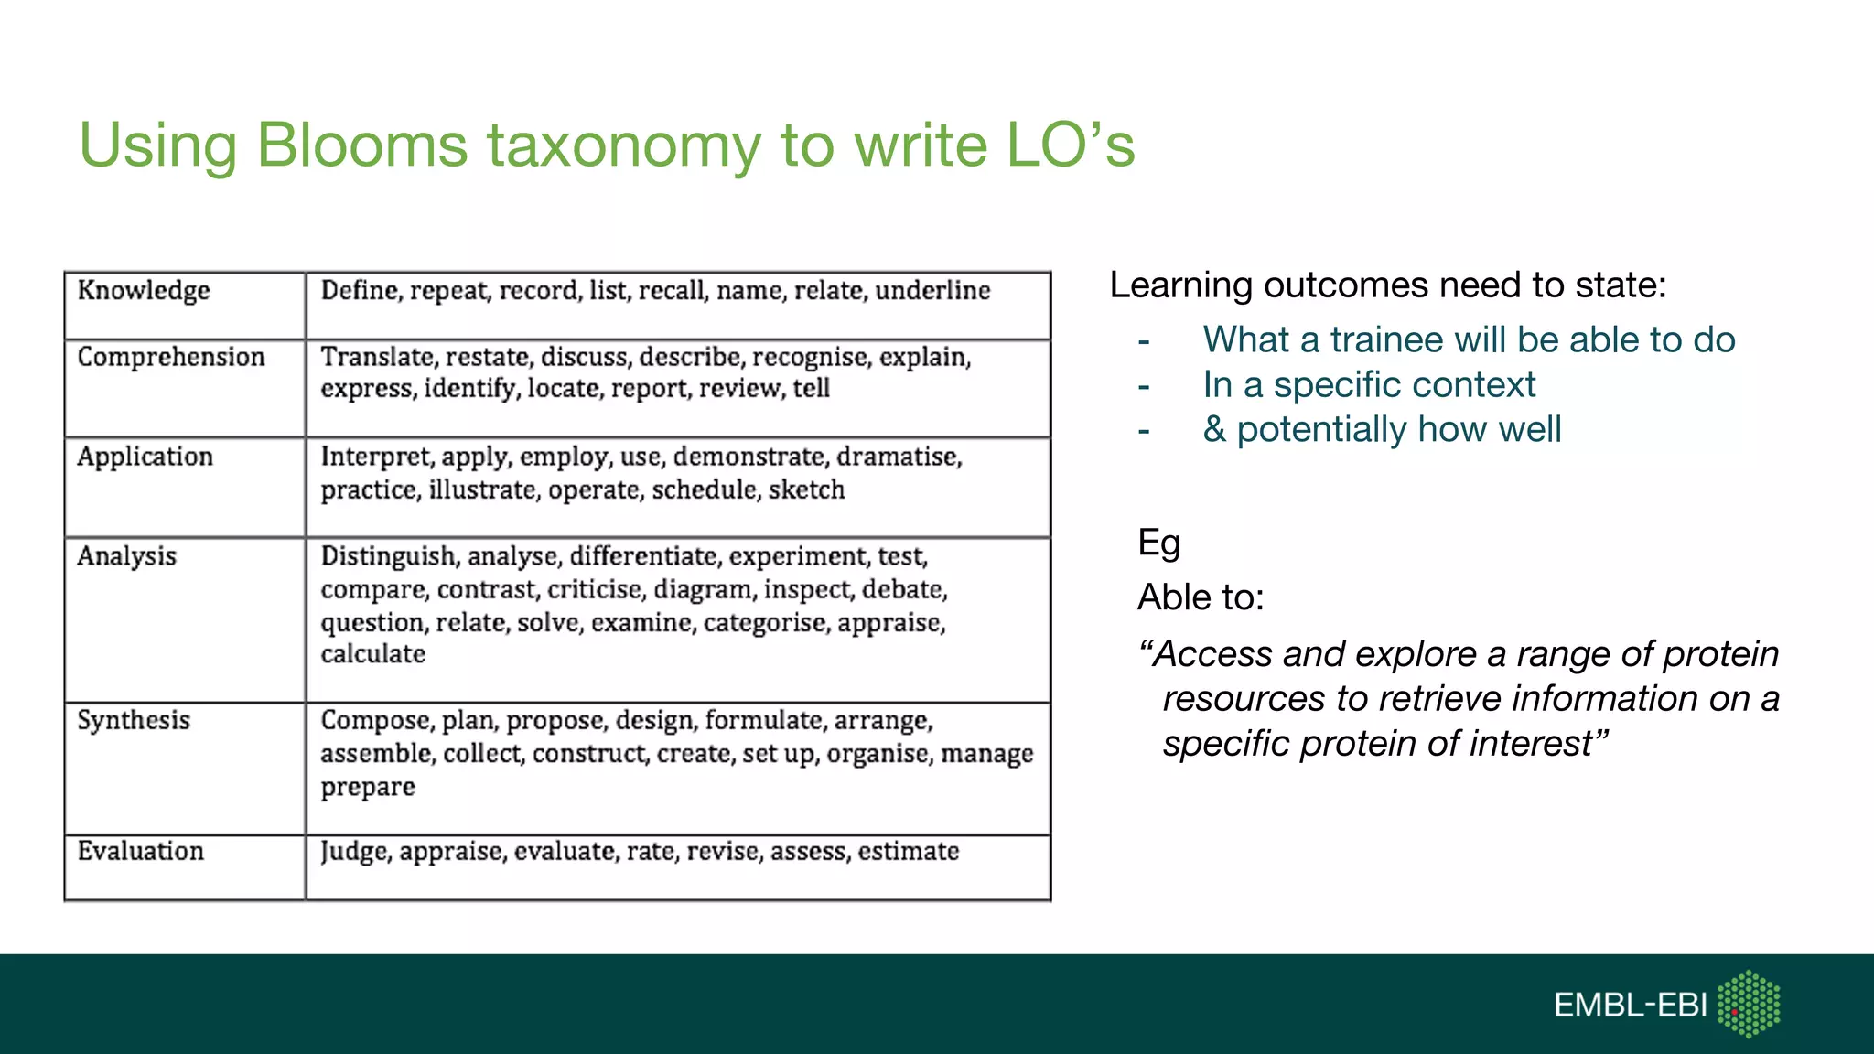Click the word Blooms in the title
tap(361, 145)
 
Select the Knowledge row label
tap(144, 291)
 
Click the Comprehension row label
tap(171, 357)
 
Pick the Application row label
tap(145, 457)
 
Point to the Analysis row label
tap(126, 556)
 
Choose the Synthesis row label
tap(134, 721)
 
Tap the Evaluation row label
tap(141, 851)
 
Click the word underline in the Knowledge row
tap(932, 291)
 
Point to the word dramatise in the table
tap(898, 457)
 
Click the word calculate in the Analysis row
tap(372, 654)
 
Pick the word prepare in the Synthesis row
tap(368, 787)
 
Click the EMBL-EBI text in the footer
tap(1630, 1006)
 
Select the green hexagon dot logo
tap(1749, 1005)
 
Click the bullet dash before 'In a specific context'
tap(1144, 386)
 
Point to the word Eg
tap(1158, 543)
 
